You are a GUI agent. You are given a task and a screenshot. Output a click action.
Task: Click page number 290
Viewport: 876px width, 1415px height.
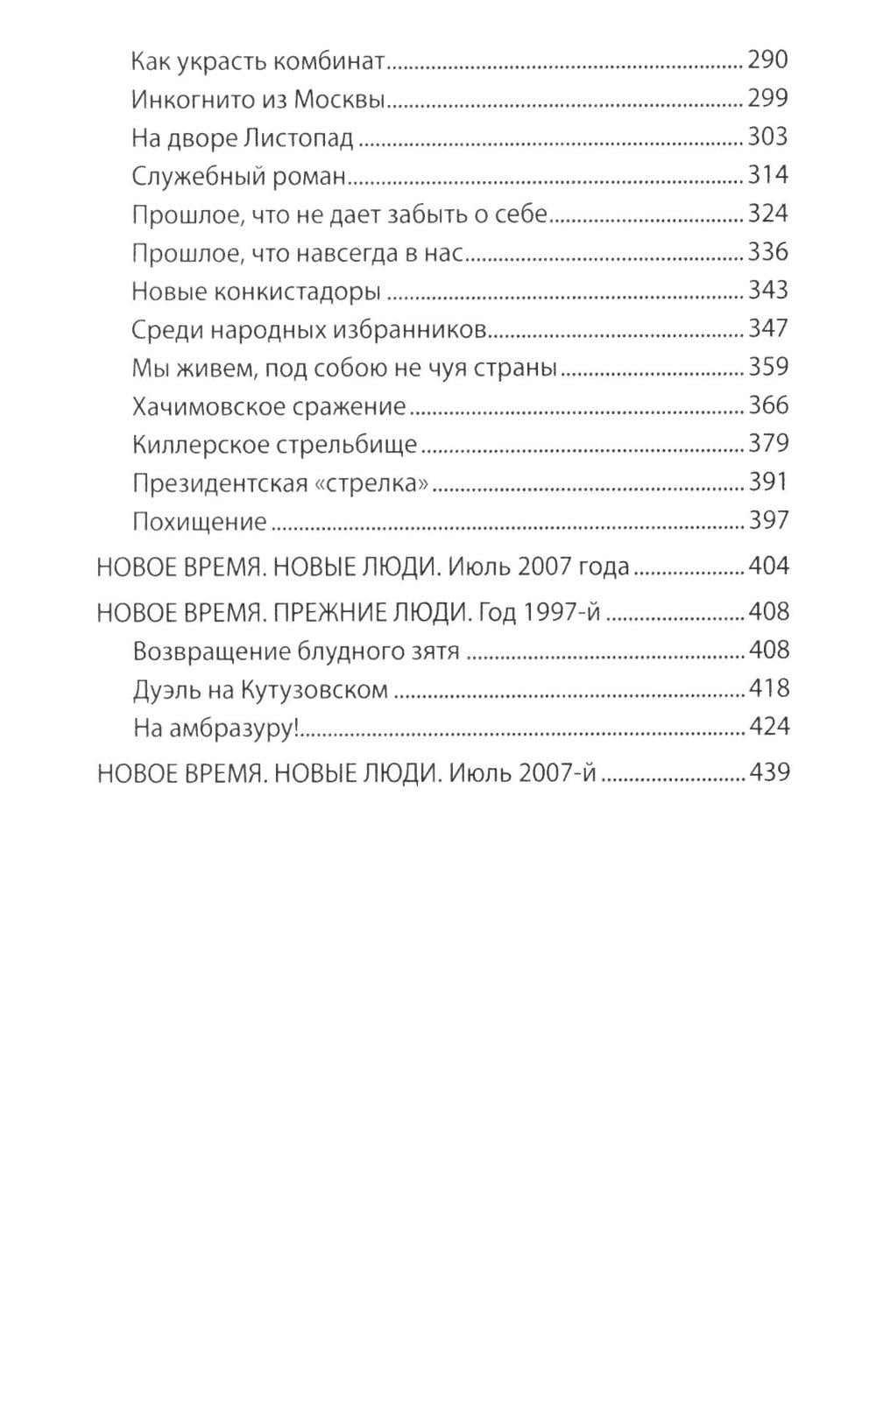[x=768, y=60]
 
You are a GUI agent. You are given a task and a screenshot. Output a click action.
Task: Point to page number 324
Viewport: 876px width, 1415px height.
[x=768, y=214]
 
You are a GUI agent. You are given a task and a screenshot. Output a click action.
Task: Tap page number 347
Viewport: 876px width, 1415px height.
[x=768, y=329]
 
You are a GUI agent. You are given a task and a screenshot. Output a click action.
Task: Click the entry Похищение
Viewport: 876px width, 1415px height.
[x=199, y=522]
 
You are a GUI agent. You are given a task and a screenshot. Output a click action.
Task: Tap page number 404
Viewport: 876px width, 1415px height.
[x=768, y=567]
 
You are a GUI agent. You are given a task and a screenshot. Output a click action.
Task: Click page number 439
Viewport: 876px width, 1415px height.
[x=768, y=773]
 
